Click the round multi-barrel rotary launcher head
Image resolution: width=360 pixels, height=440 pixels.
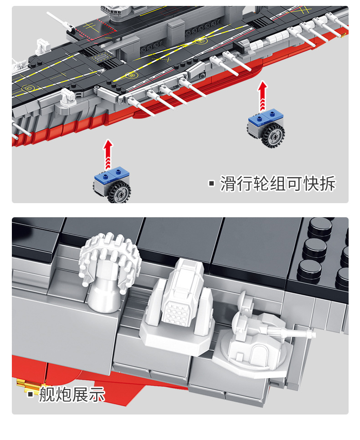(x=108, y=259)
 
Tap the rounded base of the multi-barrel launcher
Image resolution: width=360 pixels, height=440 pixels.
(x=103, y=296)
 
